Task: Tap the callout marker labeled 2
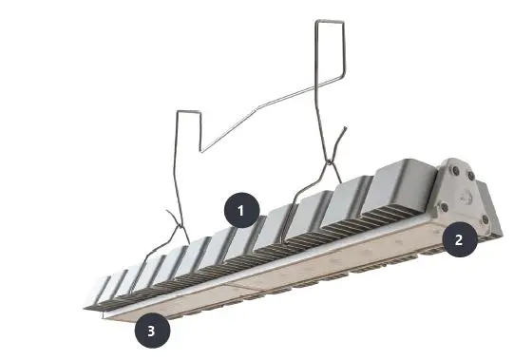click(459, 239)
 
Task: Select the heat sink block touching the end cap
click(405, 186)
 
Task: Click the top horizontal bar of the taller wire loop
click(331, 19)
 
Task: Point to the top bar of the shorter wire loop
click(188, 110)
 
